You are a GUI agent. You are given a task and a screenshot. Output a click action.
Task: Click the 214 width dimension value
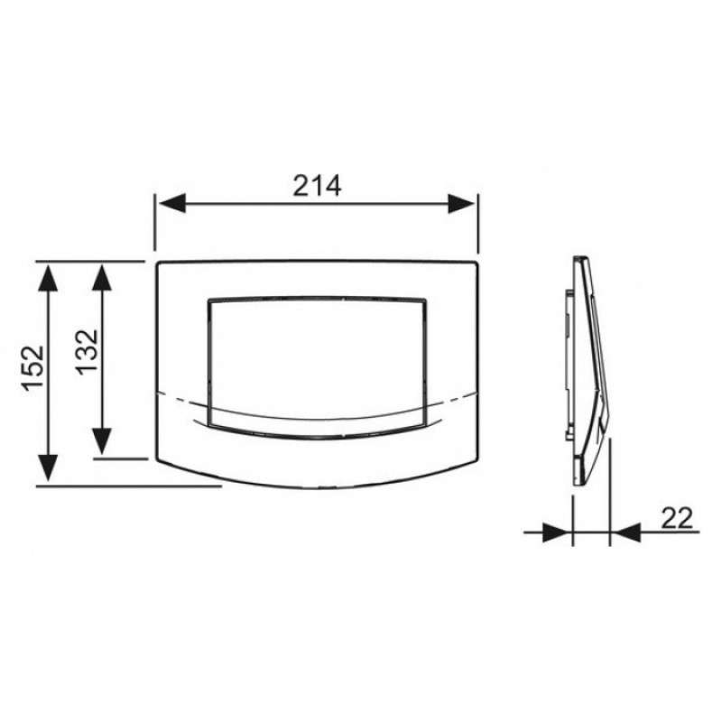click(318, 186)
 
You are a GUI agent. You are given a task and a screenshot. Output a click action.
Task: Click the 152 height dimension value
click(34, 368)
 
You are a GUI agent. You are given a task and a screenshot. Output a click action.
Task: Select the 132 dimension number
click(87, 352)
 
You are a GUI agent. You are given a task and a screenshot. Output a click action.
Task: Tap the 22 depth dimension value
click(677, 518)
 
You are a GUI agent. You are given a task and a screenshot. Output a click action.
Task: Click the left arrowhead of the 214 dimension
click(171, 203)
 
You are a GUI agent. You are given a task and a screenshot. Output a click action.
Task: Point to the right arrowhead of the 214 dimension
click(462, 203)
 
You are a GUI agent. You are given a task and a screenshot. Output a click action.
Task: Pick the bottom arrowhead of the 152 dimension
click(48, 467)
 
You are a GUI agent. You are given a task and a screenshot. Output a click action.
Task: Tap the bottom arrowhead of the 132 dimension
click(102, 440)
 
